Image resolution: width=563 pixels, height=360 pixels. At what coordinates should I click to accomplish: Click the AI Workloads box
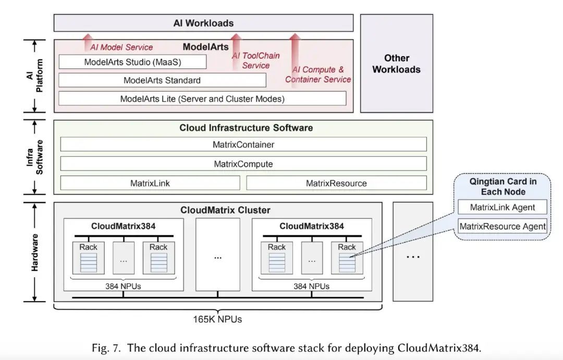click(204, 23)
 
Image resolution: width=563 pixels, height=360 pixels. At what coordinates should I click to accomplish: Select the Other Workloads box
click(397, 64)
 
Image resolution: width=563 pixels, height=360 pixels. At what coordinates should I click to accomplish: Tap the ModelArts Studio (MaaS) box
click(132, 61)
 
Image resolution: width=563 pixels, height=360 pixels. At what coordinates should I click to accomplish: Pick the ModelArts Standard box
click(162, 80)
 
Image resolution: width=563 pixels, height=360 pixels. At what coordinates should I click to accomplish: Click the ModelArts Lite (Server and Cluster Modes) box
click(202, 98)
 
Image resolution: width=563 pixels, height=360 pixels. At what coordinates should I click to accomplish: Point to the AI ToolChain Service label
click(255, 60)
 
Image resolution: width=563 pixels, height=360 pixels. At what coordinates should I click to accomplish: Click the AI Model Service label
click(121, 47)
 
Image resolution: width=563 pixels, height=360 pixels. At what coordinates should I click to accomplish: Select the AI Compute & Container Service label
click(318, 75)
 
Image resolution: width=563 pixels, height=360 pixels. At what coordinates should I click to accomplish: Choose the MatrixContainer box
click(243, 144)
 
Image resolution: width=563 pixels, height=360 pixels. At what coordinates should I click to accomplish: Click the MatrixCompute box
click(243, 164)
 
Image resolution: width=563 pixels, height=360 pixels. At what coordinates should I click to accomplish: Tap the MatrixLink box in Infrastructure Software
click(150, 183)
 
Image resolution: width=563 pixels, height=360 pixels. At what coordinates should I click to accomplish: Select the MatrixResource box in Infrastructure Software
click(336, 183)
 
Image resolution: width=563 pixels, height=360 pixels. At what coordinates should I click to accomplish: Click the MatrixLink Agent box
click(503, 207)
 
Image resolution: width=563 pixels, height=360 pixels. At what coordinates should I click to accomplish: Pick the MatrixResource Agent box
click(503, 226)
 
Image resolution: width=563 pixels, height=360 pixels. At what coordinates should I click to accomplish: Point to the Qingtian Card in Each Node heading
click(503, 187)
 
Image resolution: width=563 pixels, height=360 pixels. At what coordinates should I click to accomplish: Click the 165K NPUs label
click(217, 319)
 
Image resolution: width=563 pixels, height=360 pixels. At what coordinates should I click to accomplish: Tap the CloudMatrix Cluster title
click(225, 210)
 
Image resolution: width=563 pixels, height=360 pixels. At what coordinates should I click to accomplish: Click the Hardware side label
click(34, 252)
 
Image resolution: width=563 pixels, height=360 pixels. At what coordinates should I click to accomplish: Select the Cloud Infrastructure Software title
click(246, 128)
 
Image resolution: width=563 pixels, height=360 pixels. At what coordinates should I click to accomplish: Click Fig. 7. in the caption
click(106, 348)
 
